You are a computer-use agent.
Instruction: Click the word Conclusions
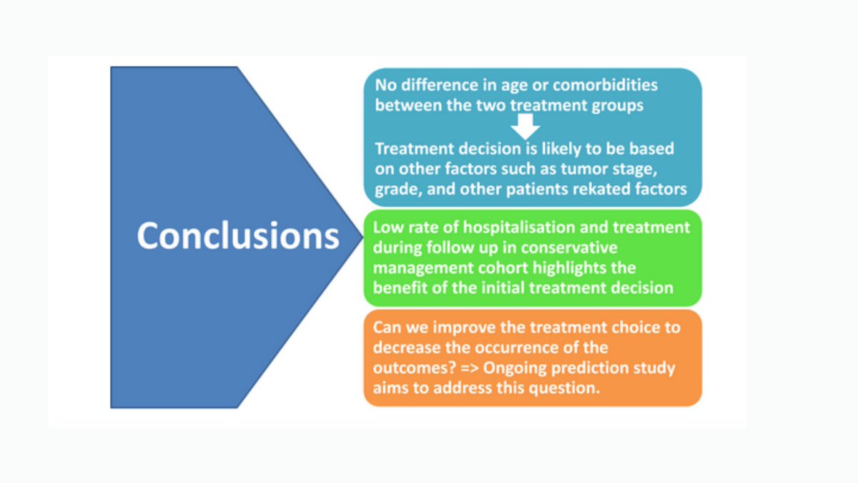(x=238, y=235)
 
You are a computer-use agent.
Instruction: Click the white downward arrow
(x=526, y=127)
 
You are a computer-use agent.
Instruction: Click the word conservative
(x=569, y=248)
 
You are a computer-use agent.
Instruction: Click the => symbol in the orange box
(x=469, y=368)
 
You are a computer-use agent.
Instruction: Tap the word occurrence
(x=517, y=348)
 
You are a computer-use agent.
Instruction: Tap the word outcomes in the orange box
(x=414, y=369)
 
